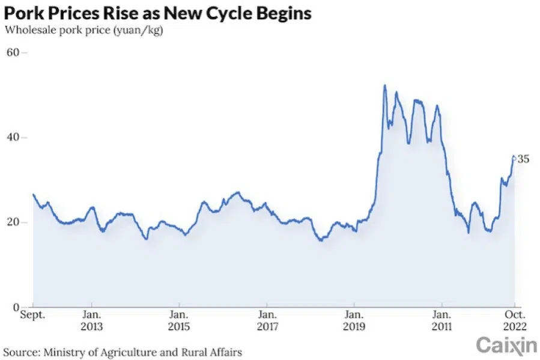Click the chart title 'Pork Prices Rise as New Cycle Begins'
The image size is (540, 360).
[x=158, y=13]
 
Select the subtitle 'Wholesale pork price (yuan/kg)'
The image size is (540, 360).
[x=84, y=29]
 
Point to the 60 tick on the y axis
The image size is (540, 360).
[x=13, y=53]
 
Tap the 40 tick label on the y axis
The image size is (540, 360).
[x=13, y=138]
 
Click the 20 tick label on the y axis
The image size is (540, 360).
[x=13, y=222]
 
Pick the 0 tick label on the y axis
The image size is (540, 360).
[x=16, y=307]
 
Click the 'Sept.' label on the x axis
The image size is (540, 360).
[x=33, y=314]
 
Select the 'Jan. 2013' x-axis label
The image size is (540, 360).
[x=91, y=320]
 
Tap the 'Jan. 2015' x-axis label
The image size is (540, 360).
[x=178, y=320]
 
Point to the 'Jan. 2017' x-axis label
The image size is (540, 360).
[x=266, y=320]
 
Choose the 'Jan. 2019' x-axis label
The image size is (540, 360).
[x=354, y=320]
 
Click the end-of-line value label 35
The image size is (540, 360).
[x=523, y=159]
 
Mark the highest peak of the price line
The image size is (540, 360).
[x=384, y=85]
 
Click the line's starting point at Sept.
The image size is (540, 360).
[x=33, y=194]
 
